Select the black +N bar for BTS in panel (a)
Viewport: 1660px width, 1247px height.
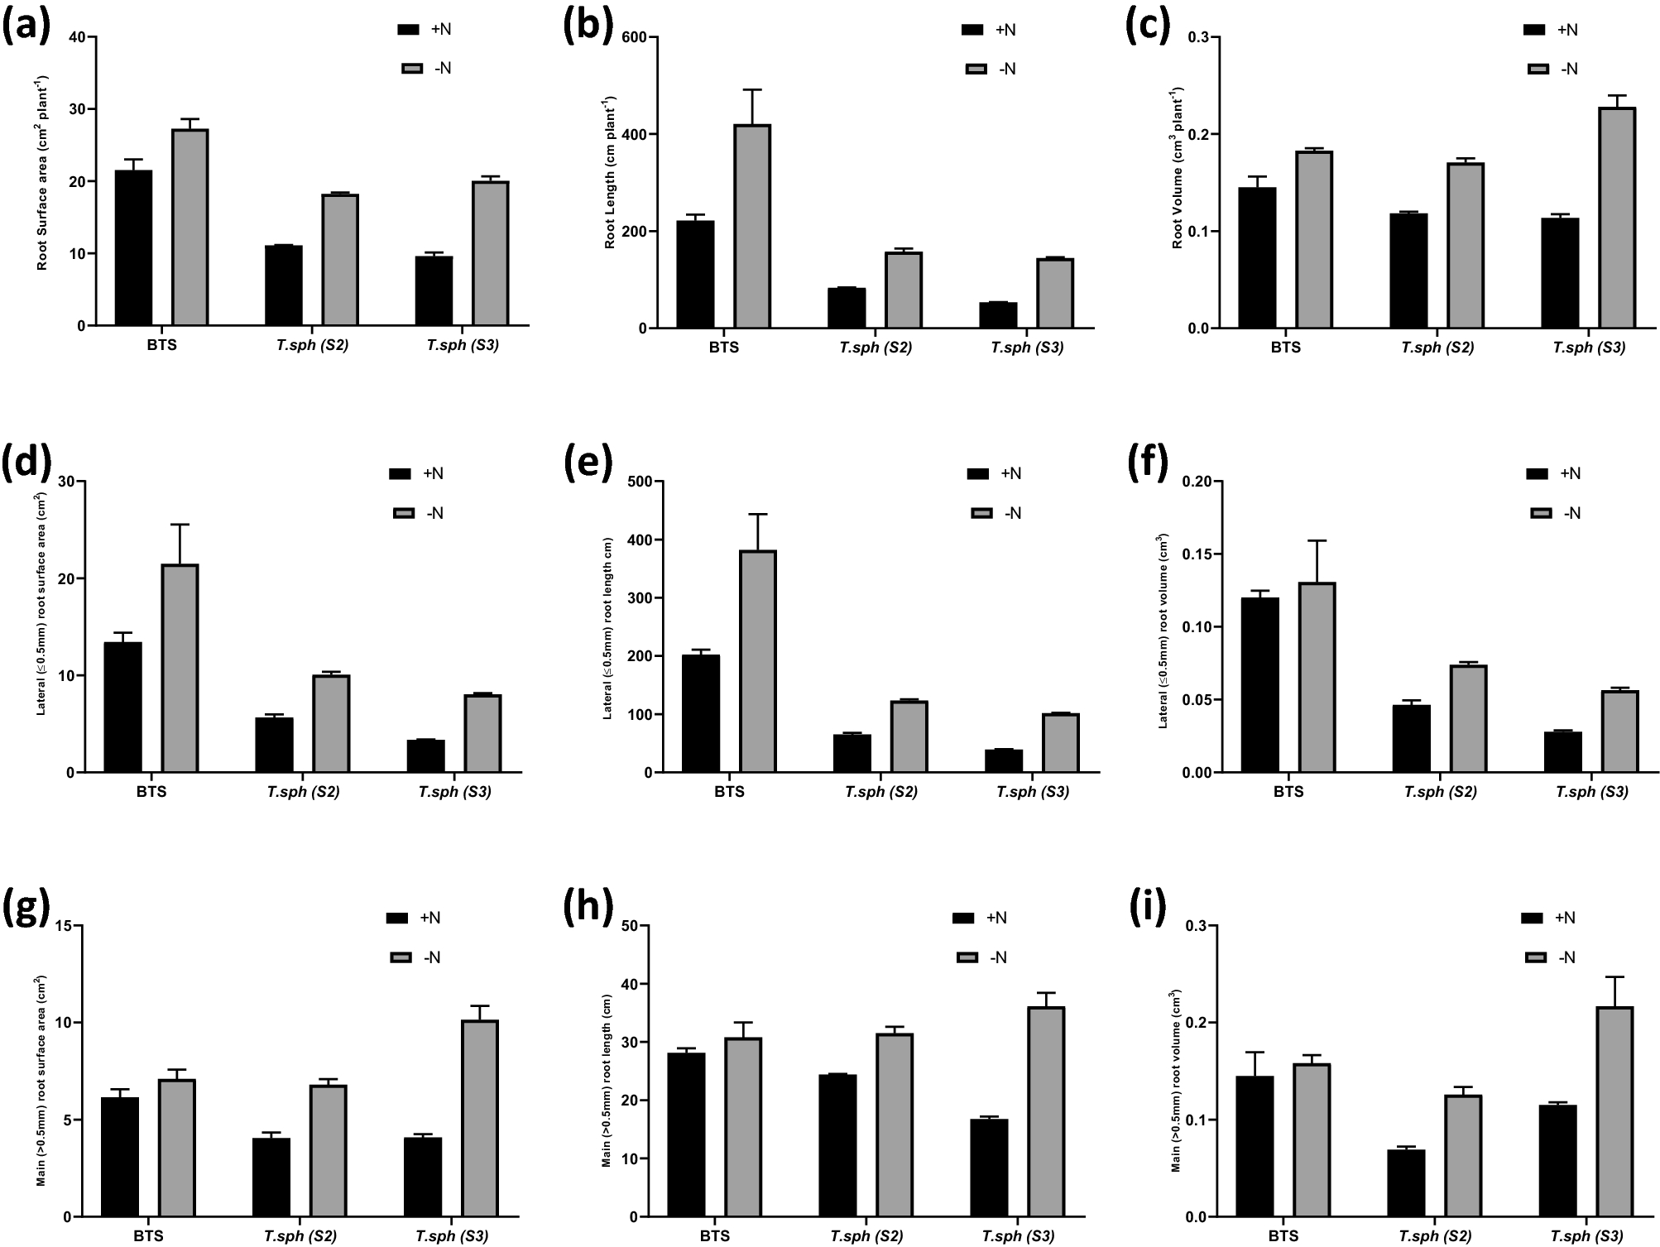(133, 247)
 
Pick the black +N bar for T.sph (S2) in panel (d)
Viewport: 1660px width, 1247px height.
(274, 745)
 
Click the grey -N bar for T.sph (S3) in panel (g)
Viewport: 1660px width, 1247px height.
(480, 1118)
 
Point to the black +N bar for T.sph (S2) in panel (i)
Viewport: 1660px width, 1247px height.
(1406, 1183)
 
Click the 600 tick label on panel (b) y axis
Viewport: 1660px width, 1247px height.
(634, 37)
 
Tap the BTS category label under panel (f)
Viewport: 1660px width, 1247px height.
(1288, 792)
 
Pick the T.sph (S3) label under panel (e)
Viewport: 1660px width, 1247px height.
(1032, 792)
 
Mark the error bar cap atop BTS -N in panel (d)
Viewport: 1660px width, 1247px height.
(180, 525)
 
